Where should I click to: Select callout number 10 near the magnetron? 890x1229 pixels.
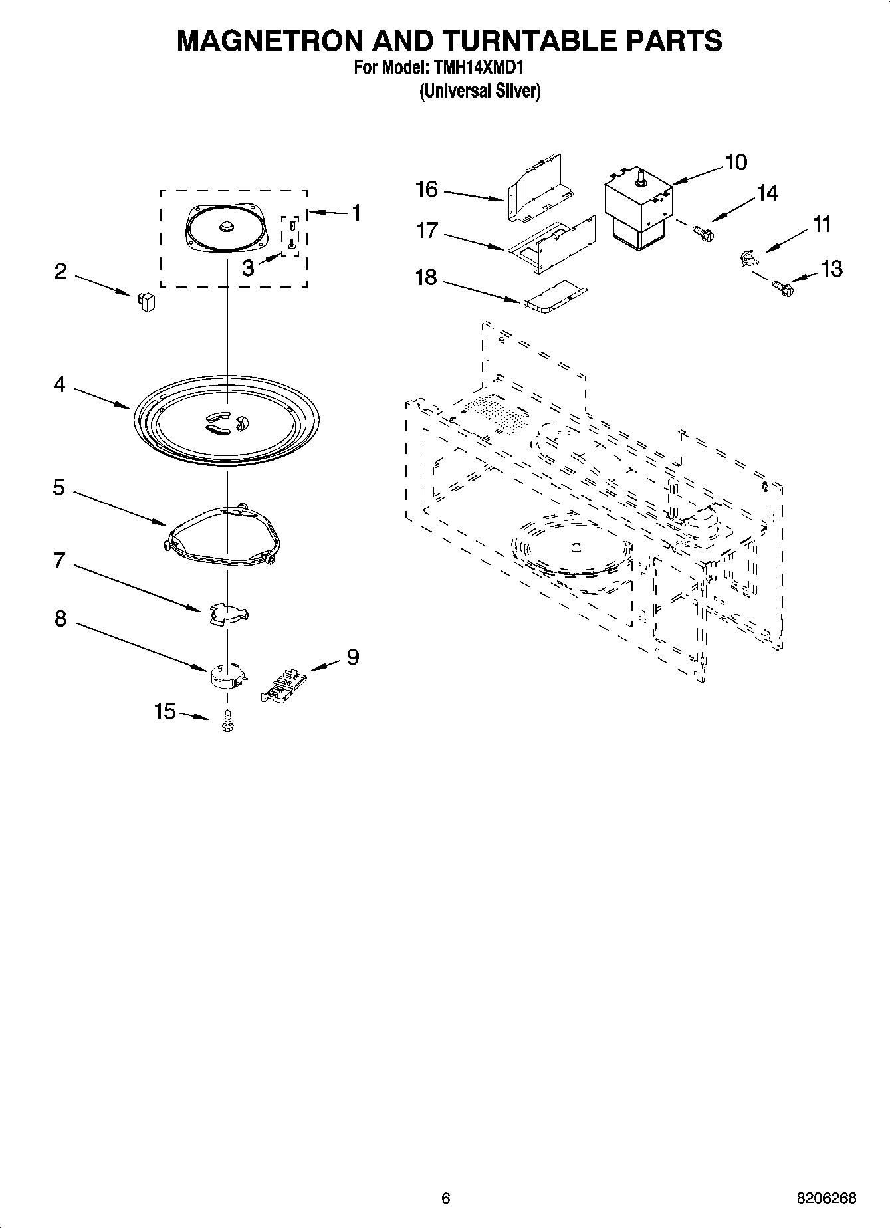(x=735, y=162)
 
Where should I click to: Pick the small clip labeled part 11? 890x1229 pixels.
(x=748, y=258)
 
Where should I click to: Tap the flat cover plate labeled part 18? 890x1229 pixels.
(x=557, y=297)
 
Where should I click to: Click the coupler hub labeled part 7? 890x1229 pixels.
(x=227, y=614)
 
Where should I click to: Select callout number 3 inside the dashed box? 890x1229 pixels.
(x=248, y=269)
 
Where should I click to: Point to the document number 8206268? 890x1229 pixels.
(x=826, y=1198)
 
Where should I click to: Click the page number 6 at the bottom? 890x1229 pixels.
(x=445, y=1198)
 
